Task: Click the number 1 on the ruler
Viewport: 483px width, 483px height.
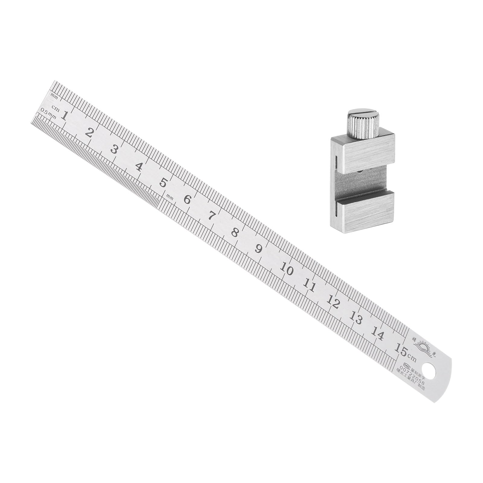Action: point(64,116)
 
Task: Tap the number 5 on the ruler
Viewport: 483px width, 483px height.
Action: point(163,183)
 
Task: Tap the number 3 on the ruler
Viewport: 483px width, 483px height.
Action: point(114,149)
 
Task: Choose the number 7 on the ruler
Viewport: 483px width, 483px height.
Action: point(211,216)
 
